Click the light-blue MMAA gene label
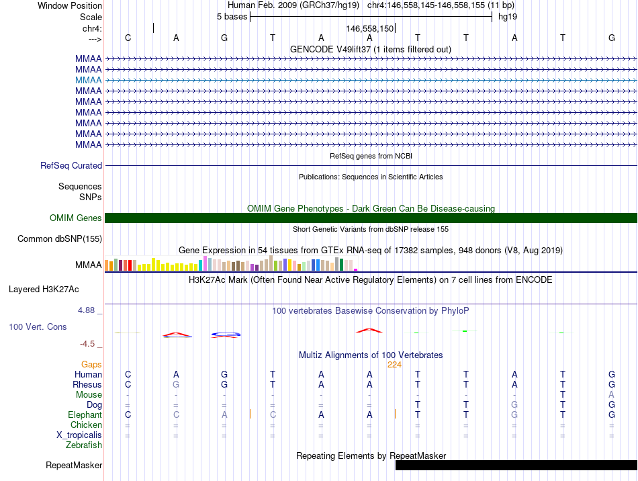coord(89,80)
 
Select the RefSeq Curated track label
coord(71,165)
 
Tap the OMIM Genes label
coord(76,218)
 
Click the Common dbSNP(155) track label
coord(60,238)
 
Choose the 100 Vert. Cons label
coord(38,326)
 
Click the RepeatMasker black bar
coord(516,465)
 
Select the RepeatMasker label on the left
coord(74,465)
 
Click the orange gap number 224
coord(394,364)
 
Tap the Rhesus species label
coord(87,384)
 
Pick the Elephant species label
coord(85,414)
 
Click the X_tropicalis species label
coord(79,435)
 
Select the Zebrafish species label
coord(84,445)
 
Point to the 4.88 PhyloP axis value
coord(87,310)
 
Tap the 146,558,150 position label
coord(369,29)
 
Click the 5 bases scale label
coord(232,17)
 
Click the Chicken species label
coord(87,425)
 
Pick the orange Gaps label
coord(91,364)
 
